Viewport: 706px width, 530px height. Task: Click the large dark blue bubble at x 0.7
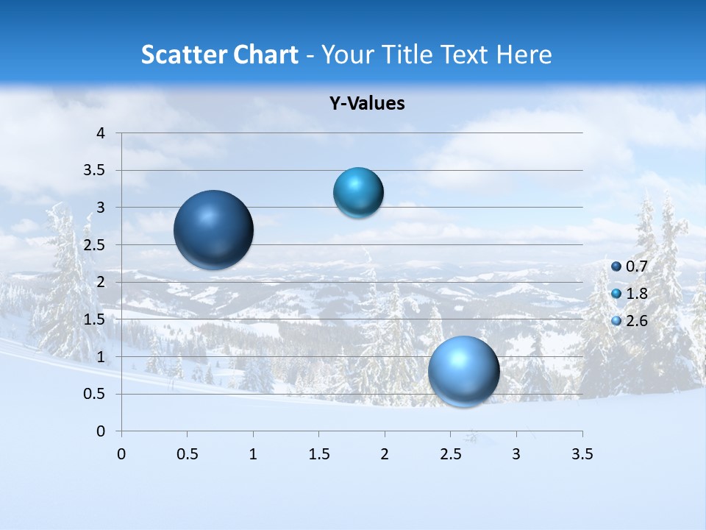(214, 230)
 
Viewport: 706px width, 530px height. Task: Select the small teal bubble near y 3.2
(358, 193)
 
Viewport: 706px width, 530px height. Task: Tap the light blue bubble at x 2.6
(464, 372)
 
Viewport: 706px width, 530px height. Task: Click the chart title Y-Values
(366, 104)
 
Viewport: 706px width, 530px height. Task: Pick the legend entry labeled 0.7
(636, 266)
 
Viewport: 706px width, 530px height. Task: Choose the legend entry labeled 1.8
(636, 294)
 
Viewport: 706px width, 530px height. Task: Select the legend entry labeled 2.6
(636, 321)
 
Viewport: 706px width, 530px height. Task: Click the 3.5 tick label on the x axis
(582, 454)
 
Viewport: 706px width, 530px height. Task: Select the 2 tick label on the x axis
(385, 454)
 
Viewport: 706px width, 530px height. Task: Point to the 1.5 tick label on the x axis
(318, 454)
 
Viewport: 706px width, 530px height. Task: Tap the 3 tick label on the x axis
(516, 454)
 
